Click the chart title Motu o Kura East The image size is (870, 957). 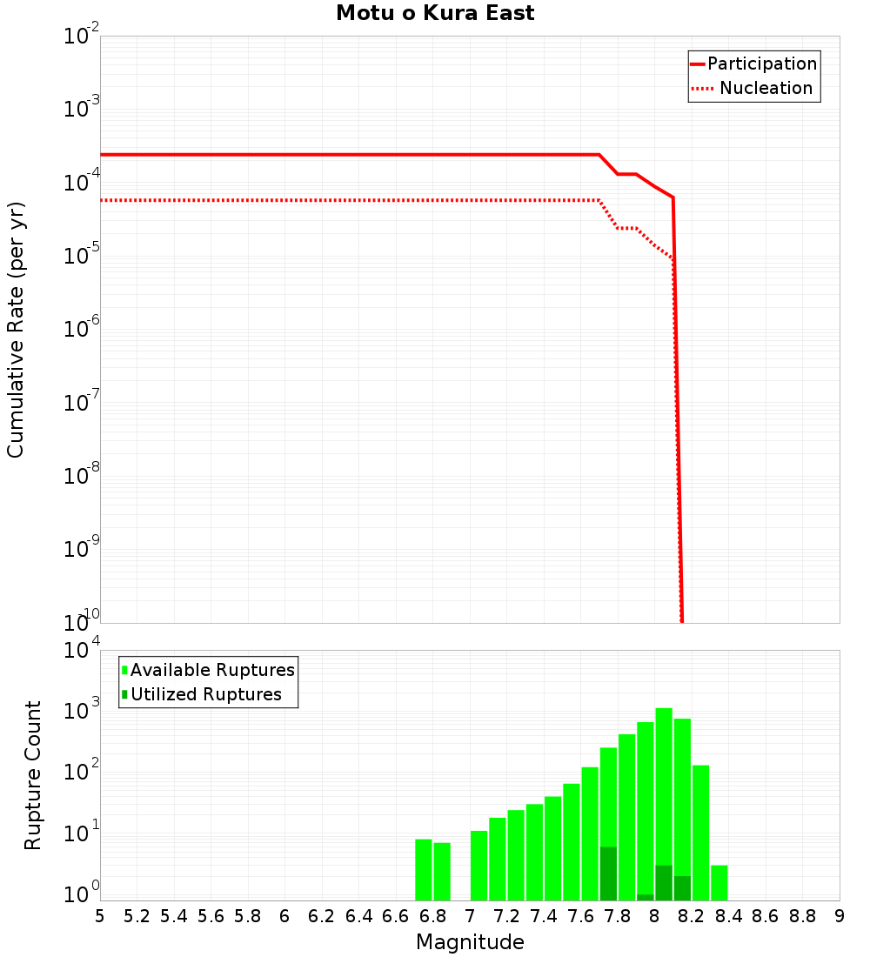pos(435,14)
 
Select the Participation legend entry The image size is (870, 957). pos(762,64)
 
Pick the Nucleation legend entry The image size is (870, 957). pos(766,89)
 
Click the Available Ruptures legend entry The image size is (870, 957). pos(212,670)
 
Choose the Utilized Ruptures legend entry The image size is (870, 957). pos(205,694)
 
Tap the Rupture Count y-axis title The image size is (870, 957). pos(33,774)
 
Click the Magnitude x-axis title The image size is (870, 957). pos(470,942)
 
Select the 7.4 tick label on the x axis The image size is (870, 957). pos(544,916)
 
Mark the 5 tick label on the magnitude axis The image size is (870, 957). pos(100,916)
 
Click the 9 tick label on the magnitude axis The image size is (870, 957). pos(840,916)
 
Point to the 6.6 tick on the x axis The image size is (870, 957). pos(396,916)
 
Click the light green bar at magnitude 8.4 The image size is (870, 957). pos(719,882)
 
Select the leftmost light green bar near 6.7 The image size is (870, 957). pos(424,869)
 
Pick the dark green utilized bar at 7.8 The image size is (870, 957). pos(608,873)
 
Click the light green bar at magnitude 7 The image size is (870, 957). pos(478,865)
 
